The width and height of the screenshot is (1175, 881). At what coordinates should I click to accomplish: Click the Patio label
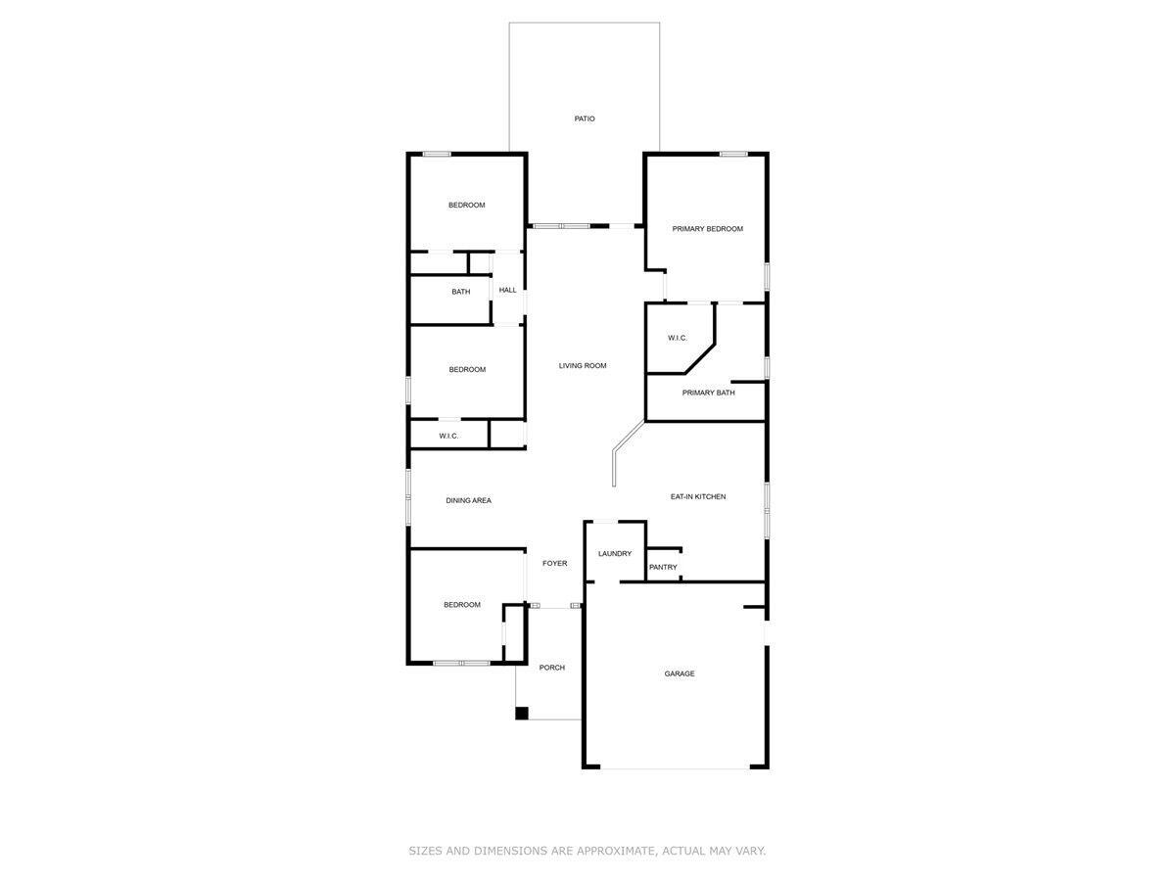[585, 118]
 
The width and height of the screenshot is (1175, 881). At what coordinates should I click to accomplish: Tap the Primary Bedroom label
[707, 229]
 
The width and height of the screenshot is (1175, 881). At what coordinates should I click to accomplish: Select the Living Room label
[583, 366]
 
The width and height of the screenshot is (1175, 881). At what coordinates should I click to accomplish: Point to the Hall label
[507, 290]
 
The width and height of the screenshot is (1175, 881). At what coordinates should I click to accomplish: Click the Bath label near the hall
[460, 292]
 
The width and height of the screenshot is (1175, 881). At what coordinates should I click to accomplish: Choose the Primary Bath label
[708, 393]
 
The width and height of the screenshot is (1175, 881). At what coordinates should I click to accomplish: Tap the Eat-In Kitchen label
[698, 497]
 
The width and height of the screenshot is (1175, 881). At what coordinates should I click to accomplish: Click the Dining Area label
[468, 501]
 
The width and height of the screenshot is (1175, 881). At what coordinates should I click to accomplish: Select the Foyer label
[554, 564]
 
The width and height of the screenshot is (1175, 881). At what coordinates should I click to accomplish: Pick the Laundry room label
[615, 554]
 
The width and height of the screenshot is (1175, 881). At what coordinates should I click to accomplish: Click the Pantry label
[663, 568]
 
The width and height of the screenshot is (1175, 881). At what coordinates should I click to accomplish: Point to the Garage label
[680, 673]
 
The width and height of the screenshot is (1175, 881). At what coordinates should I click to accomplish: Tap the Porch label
[552, 668]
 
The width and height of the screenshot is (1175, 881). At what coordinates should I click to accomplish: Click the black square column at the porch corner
[522, 714]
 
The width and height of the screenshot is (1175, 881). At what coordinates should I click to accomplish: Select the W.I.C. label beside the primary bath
[678, 338]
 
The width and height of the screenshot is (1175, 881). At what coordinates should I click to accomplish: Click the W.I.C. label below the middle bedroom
[448, 436]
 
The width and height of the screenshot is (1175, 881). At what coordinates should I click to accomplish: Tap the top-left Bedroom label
[466, 206]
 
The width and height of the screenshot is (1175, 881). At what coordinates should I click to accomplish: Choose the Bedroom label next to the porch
[461, 605]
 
